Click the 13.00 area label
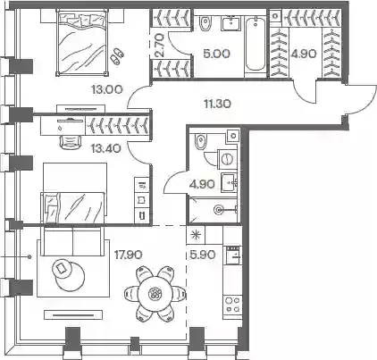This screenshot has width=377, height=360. [x=107, y=89]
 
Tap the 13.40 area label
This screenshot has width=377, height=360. [x=106, y=148]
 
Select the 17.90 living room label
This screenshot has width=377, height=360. [x=129, y=255]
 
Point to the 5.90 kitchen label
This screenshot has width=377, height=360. [x=202, y=255]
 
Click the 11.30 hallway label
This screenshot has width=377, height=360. [x=217, y=104]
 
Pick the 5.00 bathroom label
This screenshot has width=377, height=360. [x=216, y=54]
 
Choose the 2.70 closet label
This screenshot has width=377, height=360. [x=160, y=45]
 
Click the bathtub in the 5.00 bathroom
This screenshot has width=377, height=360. [x=256, y=44]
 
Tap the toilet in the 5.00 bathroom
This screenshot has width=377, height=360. [x=205, y=23]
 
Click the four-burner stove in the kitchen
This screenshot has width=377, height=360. [x=233, y=305]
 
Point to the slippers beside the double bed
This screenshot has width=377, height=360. [x=117, y=55]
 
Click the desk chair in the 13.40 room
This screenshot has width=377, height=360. [x=71, y=142]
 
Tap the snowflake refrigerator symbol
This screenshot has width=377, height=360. [x=196, y=235]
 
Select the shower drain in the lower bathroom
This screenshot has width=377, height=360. [x=219, y=210]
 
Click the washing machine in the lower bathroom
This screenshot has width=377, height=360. [x=228, y=159]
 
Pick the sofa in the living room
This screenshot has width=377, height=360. [x=72, y=240]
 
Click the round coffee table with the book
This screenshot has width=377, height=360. [x=63, y=269]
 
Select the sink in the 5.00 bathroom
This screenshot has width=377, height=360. [x=230, y=23]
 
